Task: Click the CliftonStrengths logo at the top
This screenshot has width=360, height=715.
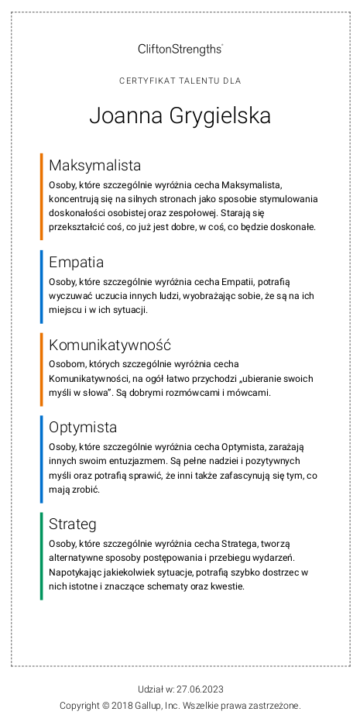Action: click(x=180, y=49)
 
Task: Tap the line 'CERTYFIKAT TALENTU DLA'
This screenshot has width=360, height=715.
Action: click(x=180, y=81)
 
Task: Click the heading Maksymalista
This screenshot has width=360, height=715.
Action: click(x=94, y=165)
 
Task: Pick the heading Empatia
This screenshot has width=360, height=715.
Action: click(x=76, y=262)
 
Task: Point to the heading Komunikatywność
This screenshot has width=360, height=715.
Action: click(x=109, y=345)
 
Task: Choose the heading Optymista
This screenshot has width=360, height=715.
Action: click(x=83, y=428)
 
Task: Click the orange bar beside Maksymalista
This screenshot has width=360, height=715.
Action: click(x=42, y=197)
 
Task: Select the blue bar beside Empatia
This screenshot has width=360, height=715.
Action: click(x=42, y=287)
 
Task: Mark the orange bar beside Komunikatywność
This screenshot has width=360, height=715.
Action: click(x=42, y=370)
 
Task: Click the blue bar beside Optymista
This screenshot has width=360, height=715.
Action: click(x=42, y=459)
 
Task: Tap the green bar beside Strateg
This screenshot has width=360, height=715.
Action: click(x=42, y=556)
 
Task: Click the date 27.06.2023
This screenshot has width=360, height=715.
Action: click(x=199, y=689)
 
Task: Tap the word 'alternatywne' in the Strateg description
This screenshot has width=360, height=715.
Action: click(x=76, y=558)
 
